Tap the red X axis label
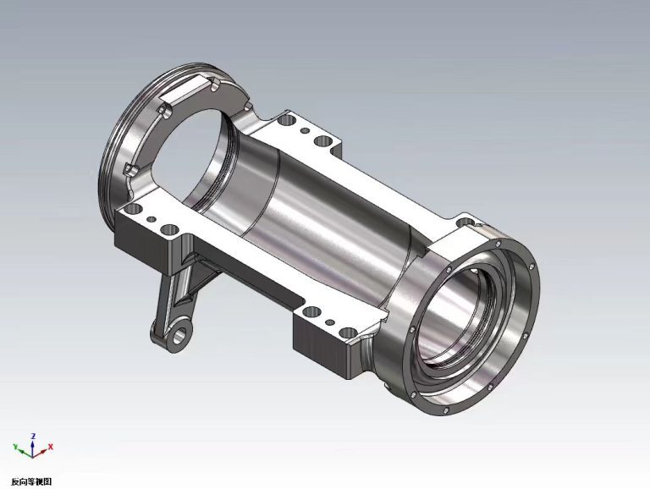point(52,446)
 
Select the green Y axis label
point(14,446)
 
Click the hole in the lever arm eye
point(179,335)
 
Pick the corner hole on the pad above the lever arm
point(168,229)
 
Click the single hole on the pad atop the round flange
point(464,223)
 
